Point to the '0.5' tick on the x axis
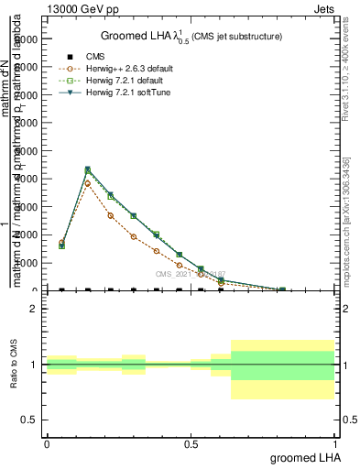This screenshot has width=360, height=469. [x=191, y=443]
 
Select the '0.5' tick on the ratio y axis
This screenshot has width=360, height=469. [x=28, y=420]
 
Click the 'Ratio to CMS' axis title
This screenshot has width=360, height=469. [x=14, y=365]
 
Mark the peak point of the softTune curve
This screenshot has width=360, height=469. [x=88, y=169]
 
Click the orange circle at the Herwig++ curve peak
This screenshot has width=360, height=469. [x=88, y=183]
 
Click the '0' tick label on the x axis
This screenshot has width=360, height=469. [x=47, y=443]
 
